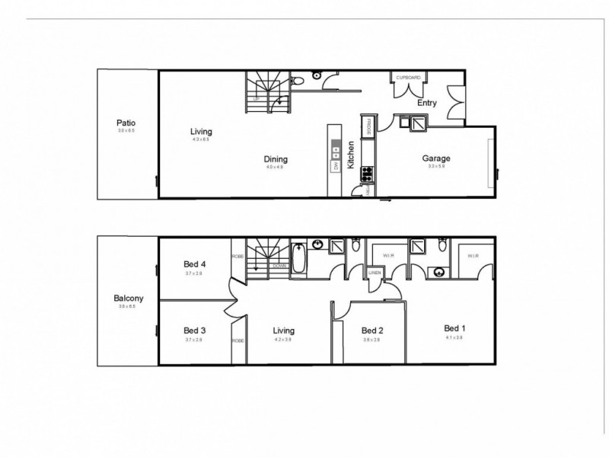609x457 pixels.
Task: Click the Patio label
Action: click(x=126, y=122)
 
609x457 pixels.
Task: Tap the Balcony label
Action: click(x=129, y=299)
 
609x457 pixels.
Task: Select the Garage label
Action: click(x=436, y=158)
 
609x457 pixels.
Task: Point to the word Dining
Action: click(x=276, y=158)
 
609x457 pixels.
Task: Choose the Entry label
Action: click(x=426, y=103)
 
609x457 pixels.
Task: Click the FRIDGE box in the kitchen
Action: click(x=367, y=126)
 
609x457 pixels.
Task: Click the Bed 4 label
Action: click(x=194, y=264)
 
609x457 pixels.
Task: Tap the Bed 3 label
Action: click(x=194, y=331)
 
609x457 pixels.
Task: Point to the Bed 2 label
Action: click(x=371, y=331)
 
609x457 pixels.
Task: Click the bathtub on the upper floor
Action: click(x=299, y=259)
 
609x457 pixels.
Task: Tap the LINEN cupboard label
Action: click(x=375, y=272)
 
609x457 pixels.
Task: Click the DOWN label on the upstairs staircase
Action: click(x=280, y=266)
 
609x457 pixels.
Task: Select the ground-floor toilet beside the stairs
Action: click(x=299, y=78)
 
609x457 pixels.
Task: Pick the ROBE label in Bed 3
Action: click(x=238, y=340)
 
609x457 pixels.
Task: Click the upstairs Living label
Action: click(x=284, y=331)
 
